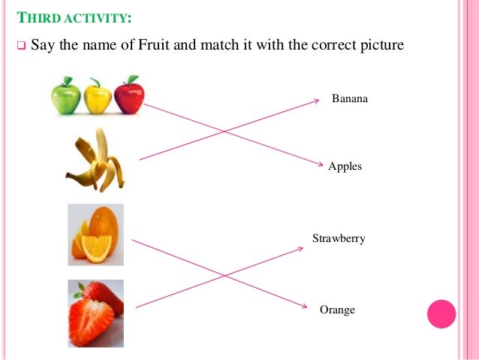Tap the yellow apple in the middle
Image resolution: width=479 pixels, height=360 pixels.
tap(97, 97)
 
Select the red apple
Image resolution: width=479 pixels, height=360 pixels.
tap(128, 95)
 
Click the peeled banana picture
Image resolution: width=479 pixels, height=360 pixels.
tap(95, 161)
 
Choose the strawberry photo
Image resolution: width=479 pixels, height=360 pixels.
tap(95, 313)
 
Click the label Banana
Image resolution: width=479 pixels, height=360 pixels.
tap(350, 98)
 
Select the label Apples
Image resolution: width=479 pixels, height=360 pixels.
tap(345, 166)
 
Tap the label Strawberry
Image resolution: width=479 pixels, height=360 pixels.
tap(339, 238)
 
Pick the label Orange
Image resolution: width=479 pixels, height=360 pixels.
tap(337, 310)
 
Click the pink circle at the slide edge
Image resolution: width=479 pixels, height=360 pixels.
tap(441, 313)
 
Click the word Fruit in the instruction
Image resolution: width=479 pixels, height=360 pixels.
tap(154, 45)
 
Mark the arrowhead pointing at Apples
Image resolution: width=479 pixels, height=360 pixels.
tap(321, 165)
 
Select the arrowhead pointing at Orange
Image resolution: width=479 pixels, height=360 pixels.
tap(303, 307)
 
